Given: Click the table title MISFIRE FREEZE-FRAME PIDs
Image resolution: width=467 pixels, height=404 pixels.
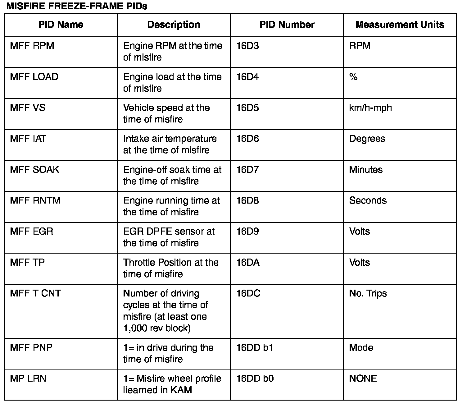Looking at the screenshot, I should [77, 6].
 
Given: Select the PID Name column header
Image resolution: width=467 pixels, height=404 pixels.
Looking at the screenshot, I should [61, 25].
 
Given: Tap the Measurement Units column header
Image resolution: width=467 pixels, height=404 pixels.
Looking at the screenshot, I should [400, 25].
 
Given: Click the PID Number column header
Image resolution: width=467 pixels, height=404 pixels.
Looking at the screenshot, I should [287, 25].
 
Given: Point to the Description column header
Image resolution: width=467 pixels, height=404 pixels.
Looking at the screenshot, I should [174, 25].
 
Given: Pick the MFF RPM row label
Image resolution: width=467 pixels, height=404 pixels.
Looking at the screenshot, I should [32, 46].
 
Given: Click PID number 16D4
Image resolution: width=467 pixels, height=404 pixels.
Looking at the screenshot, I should [247, 77].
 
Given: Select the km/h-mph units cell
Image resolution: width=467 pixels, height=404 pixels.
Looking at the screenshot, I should [370, 108].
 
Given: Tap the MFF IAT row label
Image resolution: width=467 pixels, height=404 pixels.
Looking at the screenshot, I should [28, 139].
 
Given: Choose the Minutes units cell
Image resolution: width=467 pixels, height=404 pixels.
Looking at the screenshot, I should [366, 170].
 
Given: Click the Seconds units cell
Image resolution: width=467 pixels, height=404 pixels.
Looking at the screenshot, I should [368, 200].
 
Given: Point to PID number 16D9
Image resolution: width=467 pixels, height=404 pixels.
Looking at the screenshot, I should [247, 232].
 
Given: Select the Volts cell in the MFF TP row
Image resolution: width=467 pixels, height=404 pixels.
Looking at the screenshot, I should [360, 263].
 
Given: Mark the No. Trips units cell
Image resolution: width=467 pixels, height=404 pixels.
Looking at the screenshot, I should [368, 293].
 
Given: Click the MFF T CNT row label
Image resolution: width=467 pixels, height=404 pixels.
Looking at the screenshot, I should [35, 293].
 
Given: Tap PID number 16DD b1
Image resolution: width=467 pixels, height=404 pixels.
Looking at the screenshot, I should [255, 347].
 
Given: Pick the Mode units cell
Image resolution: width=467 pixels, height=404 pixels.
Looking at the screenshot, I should [361, 347].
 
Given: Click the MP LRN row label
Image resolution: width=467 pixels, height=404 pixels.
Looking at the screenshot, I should [28, 379].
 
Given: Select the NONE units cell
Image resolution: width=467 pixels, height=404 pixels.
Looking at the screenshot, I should [363, 379].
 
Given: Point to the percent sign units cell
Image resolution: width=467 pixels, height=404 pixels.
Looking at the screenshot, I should [353, 77].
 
